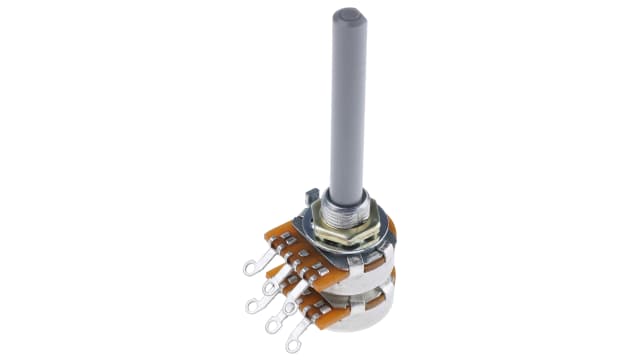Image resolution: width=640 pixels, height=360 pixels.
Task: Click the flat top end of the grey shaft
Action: (349, 17)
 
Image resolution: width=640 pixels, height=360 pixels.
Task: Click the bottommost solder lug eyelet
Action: (293, 346)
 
